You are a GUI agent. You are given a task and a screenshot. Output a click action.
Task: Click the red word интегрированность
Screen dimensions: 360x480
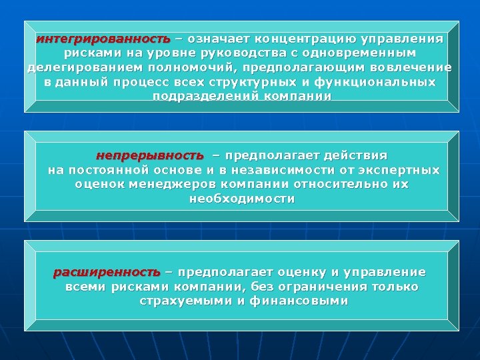click(103, 38)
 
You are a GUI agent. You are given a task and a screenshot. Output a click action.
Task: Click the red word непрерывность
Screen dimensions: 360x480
click(149, 155)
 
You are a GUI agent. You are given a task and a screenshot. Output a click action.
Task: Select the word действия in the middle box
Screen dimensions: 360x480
click(355, 155)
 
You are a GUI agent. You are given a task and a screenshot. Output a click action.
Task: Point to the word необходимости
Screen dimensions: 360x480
click(242, 199)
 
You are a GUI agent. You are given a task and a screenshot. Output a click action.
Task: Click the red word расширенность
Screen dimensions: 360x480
click(107, 272)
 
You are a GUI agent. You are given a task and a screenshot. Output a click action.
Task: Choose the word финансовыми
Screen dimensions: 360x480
click(299, 301)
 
